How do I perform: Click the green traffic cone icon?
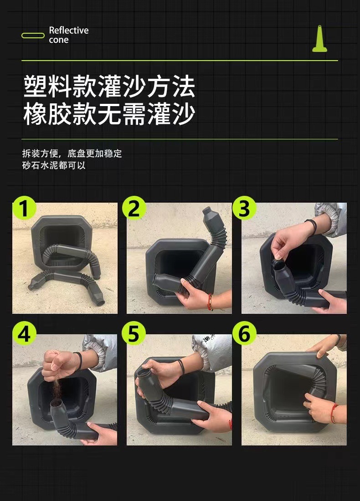[319, 39]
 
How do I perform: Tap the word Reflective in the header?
[69, 31]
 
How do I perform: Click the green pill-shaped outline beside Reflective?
[33, 36]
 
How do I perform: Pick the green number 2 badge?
[134, 208]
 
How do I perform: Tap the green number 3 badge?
[244, 208]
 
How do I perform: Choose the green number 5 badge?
[134, 333]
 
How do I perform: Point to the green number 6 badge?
[244, 333]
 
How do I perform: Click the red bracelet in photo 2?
[210, 302]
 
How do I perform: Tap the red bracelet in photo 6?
[334, 413]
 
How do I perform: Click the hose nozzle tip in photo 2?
[207, 211]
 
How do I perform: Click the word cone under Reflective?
[59, 40]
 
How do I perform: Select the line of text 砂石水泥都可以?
[54, 165]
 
